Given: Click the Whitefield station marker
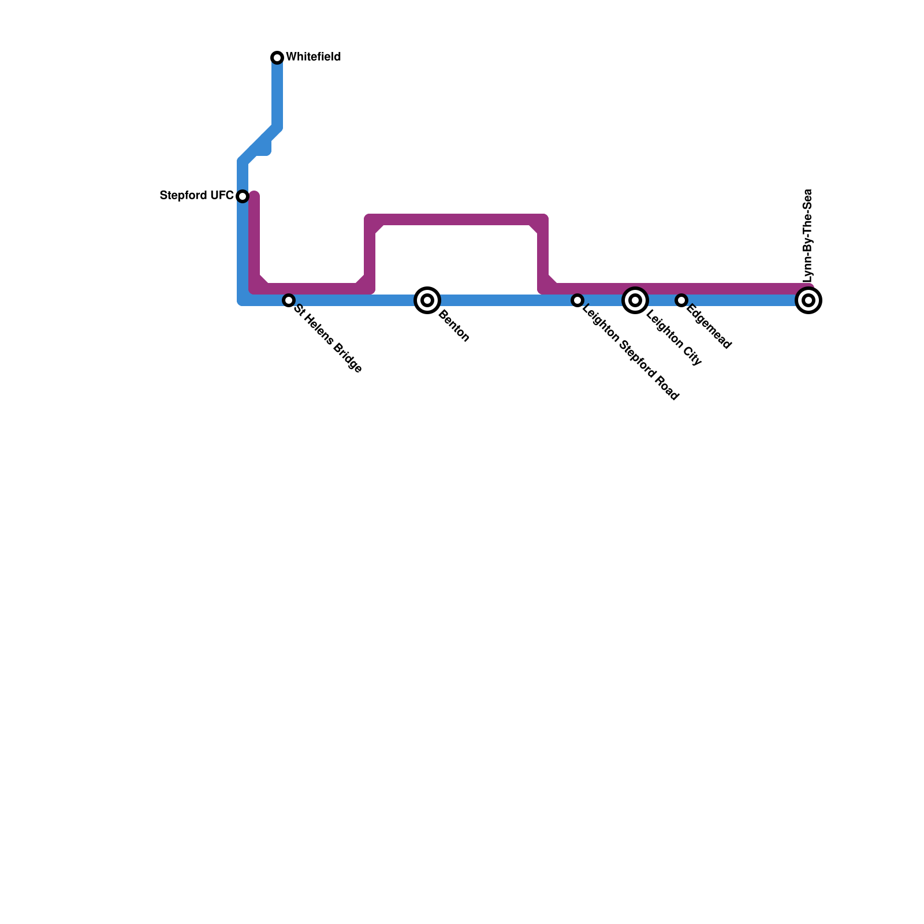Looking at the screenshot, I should coord(277,57).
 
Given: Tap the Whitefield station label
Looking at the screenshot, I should coord(313,57).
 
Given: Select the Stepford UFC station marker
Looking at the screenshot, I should coord(243,196).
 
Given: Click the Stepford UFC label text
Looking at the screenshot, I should coord(196,195).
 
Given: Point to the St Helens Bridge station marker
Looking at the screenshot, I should coord(289,300).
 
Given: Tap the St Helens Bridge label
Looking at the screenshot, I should coord(328,338).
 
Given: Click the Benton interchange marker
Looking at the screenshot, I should coord(427,300).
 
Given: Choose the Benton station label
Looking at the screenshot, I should coord(454,326).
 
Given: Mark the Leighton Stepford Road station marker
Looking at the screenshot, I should coord(577,300).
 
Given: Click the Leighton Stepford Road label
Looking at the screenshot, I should coord(631,353).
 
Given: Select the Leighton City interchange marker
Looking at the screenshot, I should coord(635,300).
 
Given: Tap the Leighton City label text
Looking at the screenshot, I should coord(674,338).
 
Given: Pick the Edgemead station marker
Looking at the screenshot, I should coord(681,300).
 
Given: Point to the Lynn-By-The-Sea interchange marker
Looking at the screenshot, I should coord(808,300).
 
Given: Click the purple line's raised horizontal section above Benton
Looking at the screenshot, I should coord(456,219).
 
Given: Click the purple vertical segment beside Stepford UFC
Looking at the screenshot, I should coord(254,237).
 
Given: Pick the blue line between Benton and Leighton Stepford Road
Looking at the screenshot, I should coord(502,300).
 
